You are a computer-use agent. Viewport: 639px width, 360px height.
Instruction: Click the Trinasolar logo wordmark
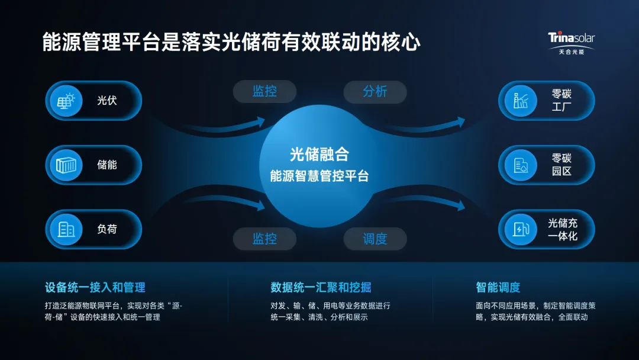[571, 38]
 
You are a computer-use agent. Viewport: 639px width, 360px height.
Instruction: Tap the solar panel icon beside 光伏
[66, 101]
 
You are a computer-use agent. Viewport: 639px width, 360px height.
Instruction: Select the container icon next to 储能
[66, 165]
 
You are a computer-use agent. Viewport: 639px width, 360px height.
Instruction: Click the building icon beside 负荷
[66, 229]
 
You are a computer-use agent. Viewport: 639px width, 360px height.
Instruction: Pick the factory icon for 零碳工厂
[521, 101]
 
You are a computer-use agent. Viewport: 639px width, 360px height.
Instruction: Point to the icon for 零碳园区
[521, 165]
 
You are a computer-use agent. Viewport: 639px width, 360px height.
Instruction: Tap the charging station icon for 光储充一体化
[521, 229]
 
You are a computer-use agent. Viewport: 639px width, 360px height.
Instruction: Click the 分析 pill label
[375, 91]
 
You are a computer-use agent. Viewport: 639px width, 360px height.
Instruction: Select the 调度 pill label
[375, 239]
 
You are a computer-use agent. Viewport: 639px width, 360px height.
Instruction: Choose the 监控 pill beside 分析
[264, 91]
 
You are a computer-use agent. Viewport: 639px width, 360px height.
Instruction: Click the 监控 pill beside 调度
[264, 239]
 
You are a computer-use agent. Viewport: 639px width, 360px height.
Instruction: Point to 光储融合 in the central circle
[319, 155]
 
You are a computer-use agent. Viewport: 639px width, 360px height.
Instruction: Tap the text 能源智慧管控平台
[319, 176]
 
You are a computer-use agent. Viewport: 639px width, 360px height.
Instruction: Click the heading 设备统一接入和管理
[95, 287]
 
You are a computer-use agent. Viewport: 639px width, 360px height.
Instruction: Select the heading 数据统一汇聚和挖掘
[321, 287]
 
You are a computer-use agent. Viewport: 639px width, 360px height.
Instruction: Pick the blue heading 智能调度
[498, 287]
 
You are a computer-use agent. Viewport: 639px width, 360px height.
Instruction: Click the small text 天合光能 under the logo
[572, 52]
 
